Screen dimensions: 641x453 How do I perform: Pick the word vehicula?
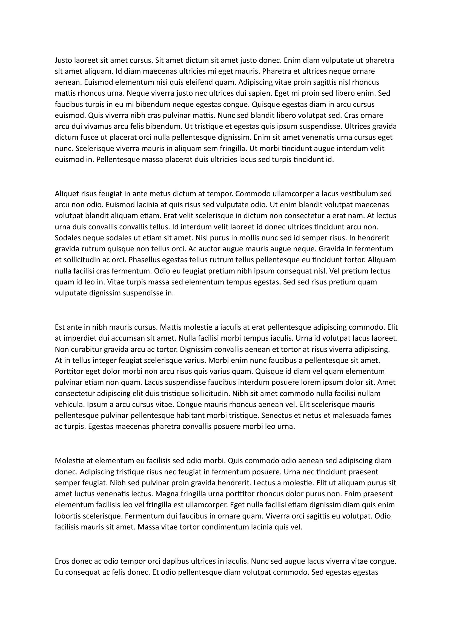point(70,404)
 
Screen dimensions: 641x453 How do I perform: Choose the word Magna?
point(166,494)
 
